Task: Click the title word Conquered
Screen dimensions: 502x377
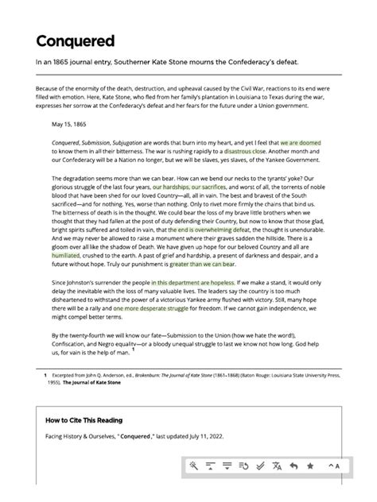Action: [76, 41]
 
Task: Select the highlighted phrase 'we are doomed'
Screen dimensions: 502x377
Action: [300, 141]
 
